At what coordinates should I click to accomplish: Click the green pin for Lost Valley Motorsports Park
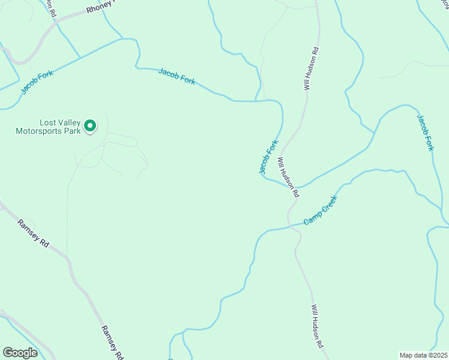click(x=90, y=126)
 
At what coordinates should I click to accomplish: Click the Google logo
click(x=20, y=352)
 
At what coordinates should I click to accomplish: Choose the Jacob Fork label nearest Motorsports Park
click(x=37, y=82)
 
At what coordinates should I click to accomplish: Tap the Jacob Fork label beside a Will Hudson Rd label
click(x=269, y=157)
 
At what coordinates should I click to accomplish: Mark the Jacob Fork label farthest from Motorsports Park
click(x=424, y=132)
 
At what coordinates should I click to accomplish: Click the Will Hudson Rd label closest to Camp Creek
click(x=288, y=178)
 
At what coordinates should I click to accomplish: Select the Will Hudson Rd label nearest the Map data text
click(x=317, y=326)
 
